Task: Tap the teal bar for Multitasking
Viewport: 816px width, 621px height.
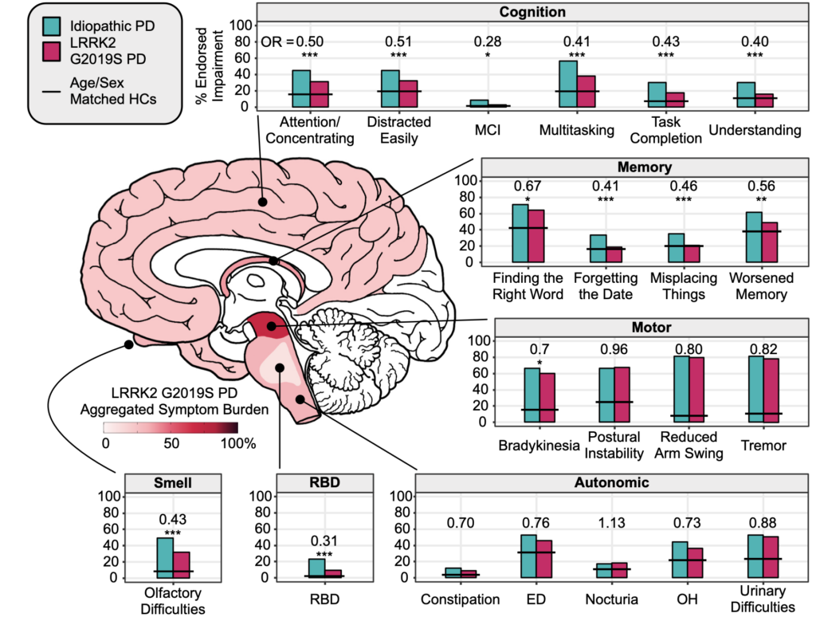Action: coord(568,85)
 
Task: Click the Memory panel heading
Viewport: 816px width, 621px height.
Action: coord(644,167)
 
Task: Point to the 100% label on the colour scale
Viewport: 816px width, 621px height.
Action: coord(238,445)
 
